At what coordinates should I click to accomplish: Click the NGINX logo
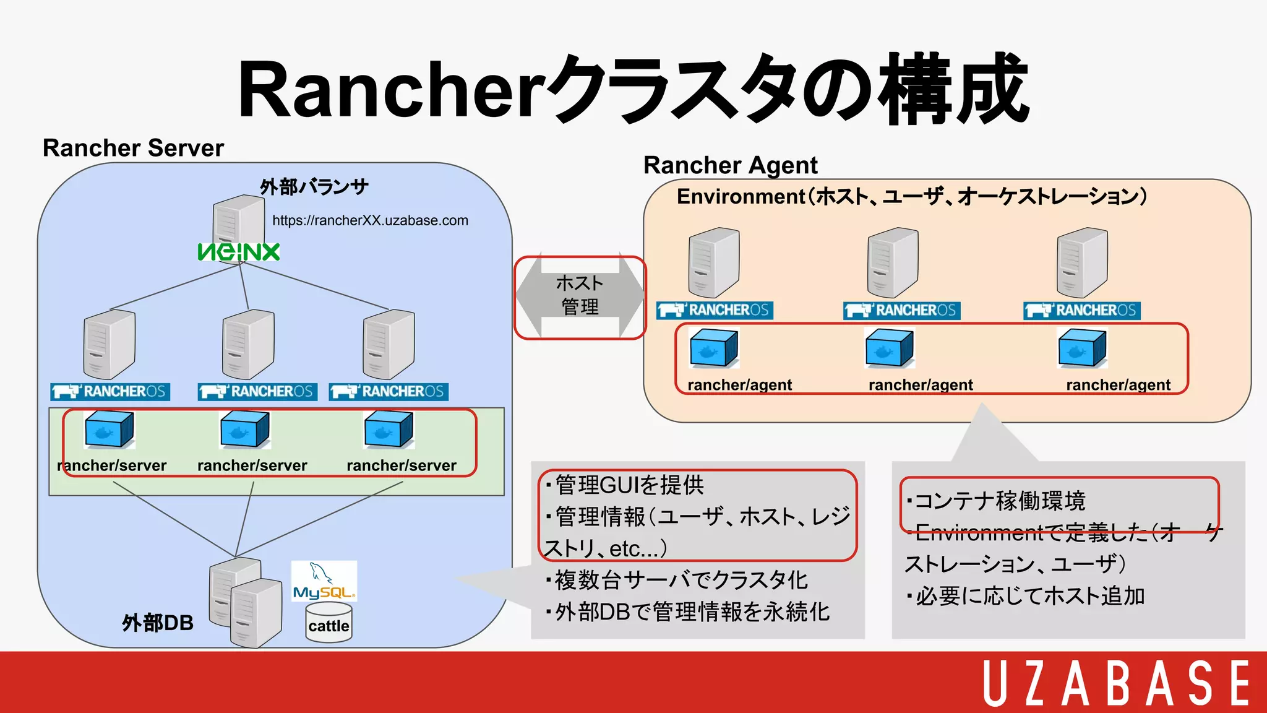[239, 251]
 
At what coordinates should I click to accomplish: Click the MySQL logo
[324, 582]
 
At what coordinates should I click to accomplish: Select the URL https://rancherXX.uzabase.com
[370, 220]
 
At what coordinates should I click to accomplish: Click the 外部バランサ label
[314, 186]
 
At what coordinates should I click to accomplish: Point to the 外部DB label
[158, 623]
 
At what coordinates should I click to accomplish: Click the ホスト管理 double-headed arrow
[580, 296]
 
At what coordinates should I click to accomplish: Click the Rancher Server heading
[133, 148]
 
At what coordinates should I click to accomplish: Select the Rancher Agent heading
[730, 165]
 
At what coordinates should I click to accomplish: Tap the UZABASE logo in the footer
[1116, 683]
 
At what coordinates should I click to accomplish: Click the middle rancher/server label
[252, 465]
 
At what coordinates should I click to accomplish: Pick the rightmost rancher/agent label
[1118, 385]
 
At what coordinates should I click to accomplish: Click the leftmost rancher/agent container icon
[713, 348]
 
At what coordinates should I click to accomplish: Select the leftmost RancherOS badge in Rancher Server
[110, 392]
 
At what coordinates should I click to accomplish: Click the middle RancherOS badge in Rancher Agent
[901, 310]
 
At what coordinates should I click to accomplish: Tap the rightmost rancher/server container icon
[389, 430]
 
